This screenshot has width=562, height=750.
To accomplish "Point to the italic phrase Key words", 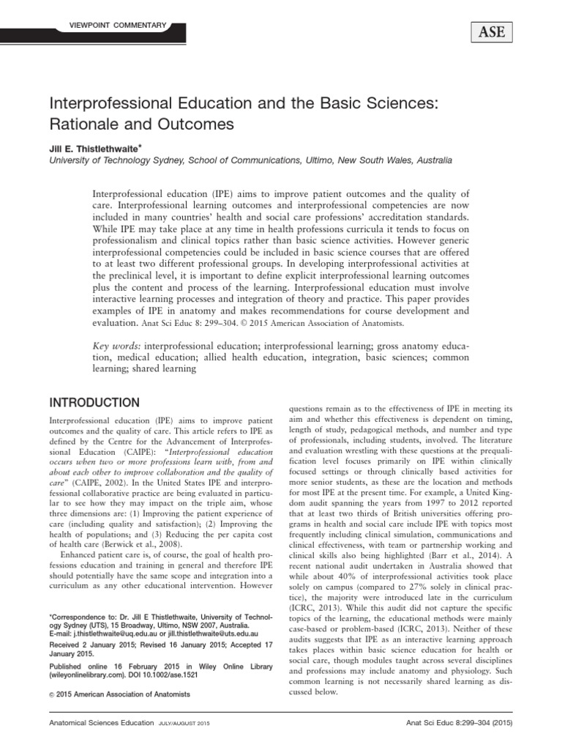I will (116, 345).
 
